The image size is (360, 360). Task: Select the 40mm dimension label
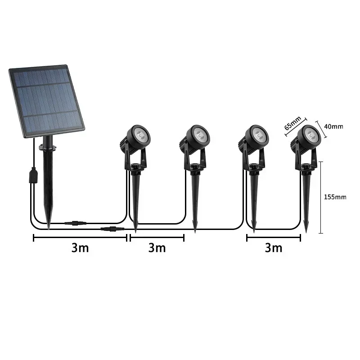(333, 126)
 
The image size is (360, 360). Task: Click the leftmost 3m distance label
(80, 248)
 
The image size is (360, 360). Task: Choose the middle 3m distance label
(157, 248)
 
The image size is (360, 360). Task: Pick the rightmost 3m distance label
(274, 248)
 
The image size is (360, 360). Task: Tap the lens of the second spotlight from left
(199, 134)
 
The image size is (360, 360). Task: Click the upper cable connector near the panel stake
(72, 223)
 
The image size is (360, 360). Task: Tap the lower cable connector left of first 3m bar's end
(109, 229)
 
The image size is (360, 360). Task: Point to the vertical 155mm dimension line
(320, 197)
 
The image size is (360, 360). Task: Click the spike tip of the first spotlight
(135, 230)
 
